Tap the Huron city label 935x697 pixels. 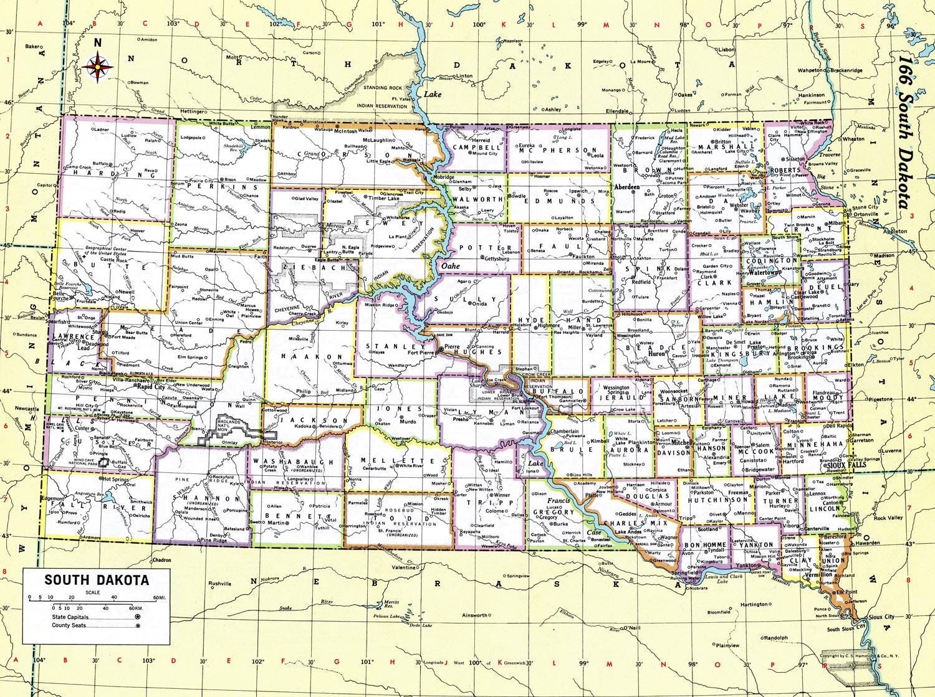tap(657, 353)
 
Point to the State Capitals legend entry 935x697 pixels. tap(70, 617)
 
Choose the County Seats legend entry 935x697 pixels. tap(69, 625)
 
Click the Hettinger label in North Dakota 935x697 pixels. tap(175, 111)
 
